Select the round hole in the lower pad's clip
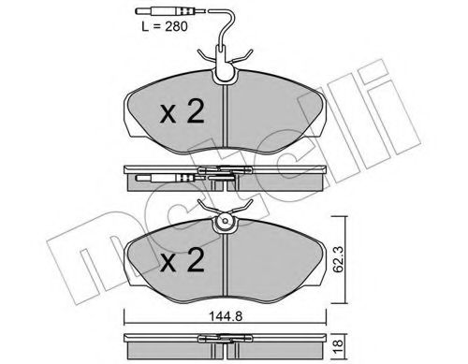(x=226, y=223)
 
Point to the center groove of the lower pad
(x=227, y=262)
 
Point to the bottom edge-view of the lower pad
(x=227, y=345)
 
